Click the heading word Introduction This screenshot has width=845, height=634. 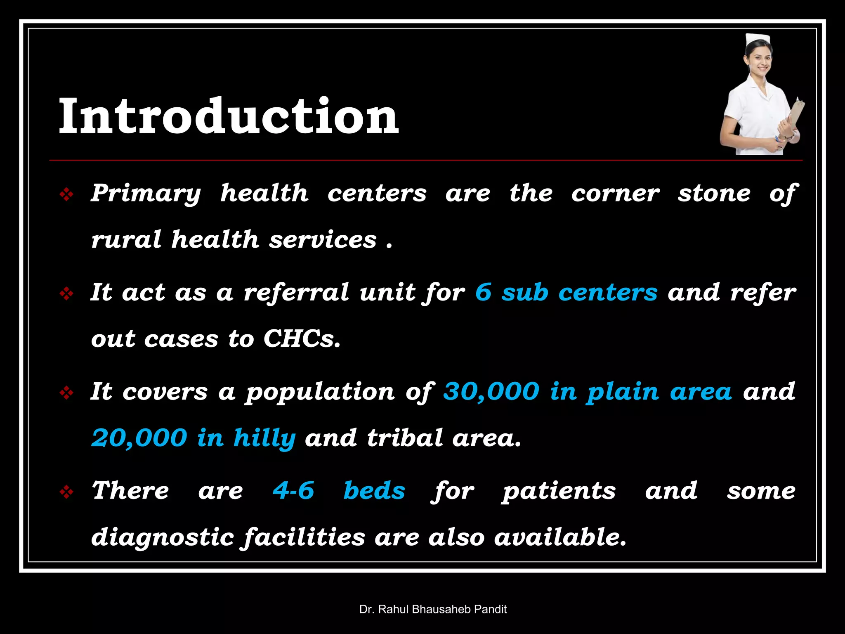point(229,116)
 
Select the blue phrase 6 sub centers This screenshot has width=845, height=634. point(566,292)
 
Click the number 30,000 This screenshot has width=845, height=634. point(491,391)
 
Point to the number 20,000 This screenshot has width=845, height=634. point(139,438)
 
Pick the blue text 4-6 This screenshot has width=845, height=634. point(293,490)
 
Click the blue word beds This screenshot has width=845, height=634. point(374,490)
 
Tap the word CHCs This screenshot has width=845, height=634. point(302,339)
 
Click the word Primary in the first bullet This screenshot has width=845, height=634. point(146,194)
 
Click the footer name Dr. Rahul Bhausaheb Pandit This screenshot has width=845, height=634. point(433,609)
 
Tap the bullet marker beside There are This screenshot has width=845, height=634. point(66,492)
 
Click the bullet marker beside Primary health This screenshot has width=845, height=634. point(66,194)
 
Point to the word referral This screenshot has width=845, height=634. point(296,292)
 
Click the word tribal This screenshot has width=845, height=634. point(405,438)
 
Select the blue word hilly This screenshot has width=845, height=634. point(264,438)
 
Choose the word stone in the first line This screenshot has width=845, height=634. point(714,194)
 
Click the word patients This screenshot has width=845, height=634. point(559,491)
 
